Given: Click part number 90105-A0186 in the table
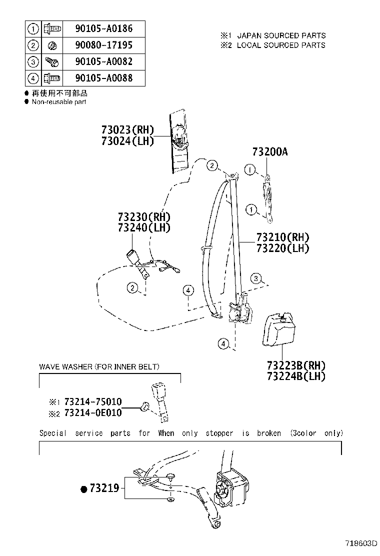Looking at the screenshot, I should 103,28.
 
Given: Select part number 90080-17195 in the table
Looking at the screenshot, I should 103,45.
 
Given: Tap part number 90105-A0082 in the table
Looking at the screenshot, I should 103,62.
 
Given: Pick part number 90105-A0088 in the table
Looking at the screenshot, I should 103,78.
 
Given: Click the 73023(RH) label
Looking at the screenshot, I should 127,130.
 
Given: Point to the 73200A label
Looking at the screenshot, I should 270,152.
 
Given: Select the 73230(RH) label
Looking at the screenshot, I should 144,217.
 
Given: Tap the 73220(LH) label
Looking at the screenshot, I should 282,248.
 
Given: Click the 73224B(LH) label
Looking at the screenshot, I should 295,376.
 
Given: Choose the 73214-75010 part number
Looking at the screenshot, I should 91,402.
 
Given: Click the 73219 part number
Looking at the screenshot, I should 104,488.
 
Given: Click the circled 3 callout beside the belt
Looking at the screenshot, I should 256,278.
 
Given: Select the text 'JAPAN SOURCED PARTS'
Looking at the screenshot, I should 281,35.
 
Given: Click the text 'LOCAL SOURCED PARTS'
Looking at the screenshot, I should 280,45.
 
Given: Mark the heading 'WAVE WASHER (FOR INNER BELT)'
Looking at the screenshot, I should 99,367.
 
